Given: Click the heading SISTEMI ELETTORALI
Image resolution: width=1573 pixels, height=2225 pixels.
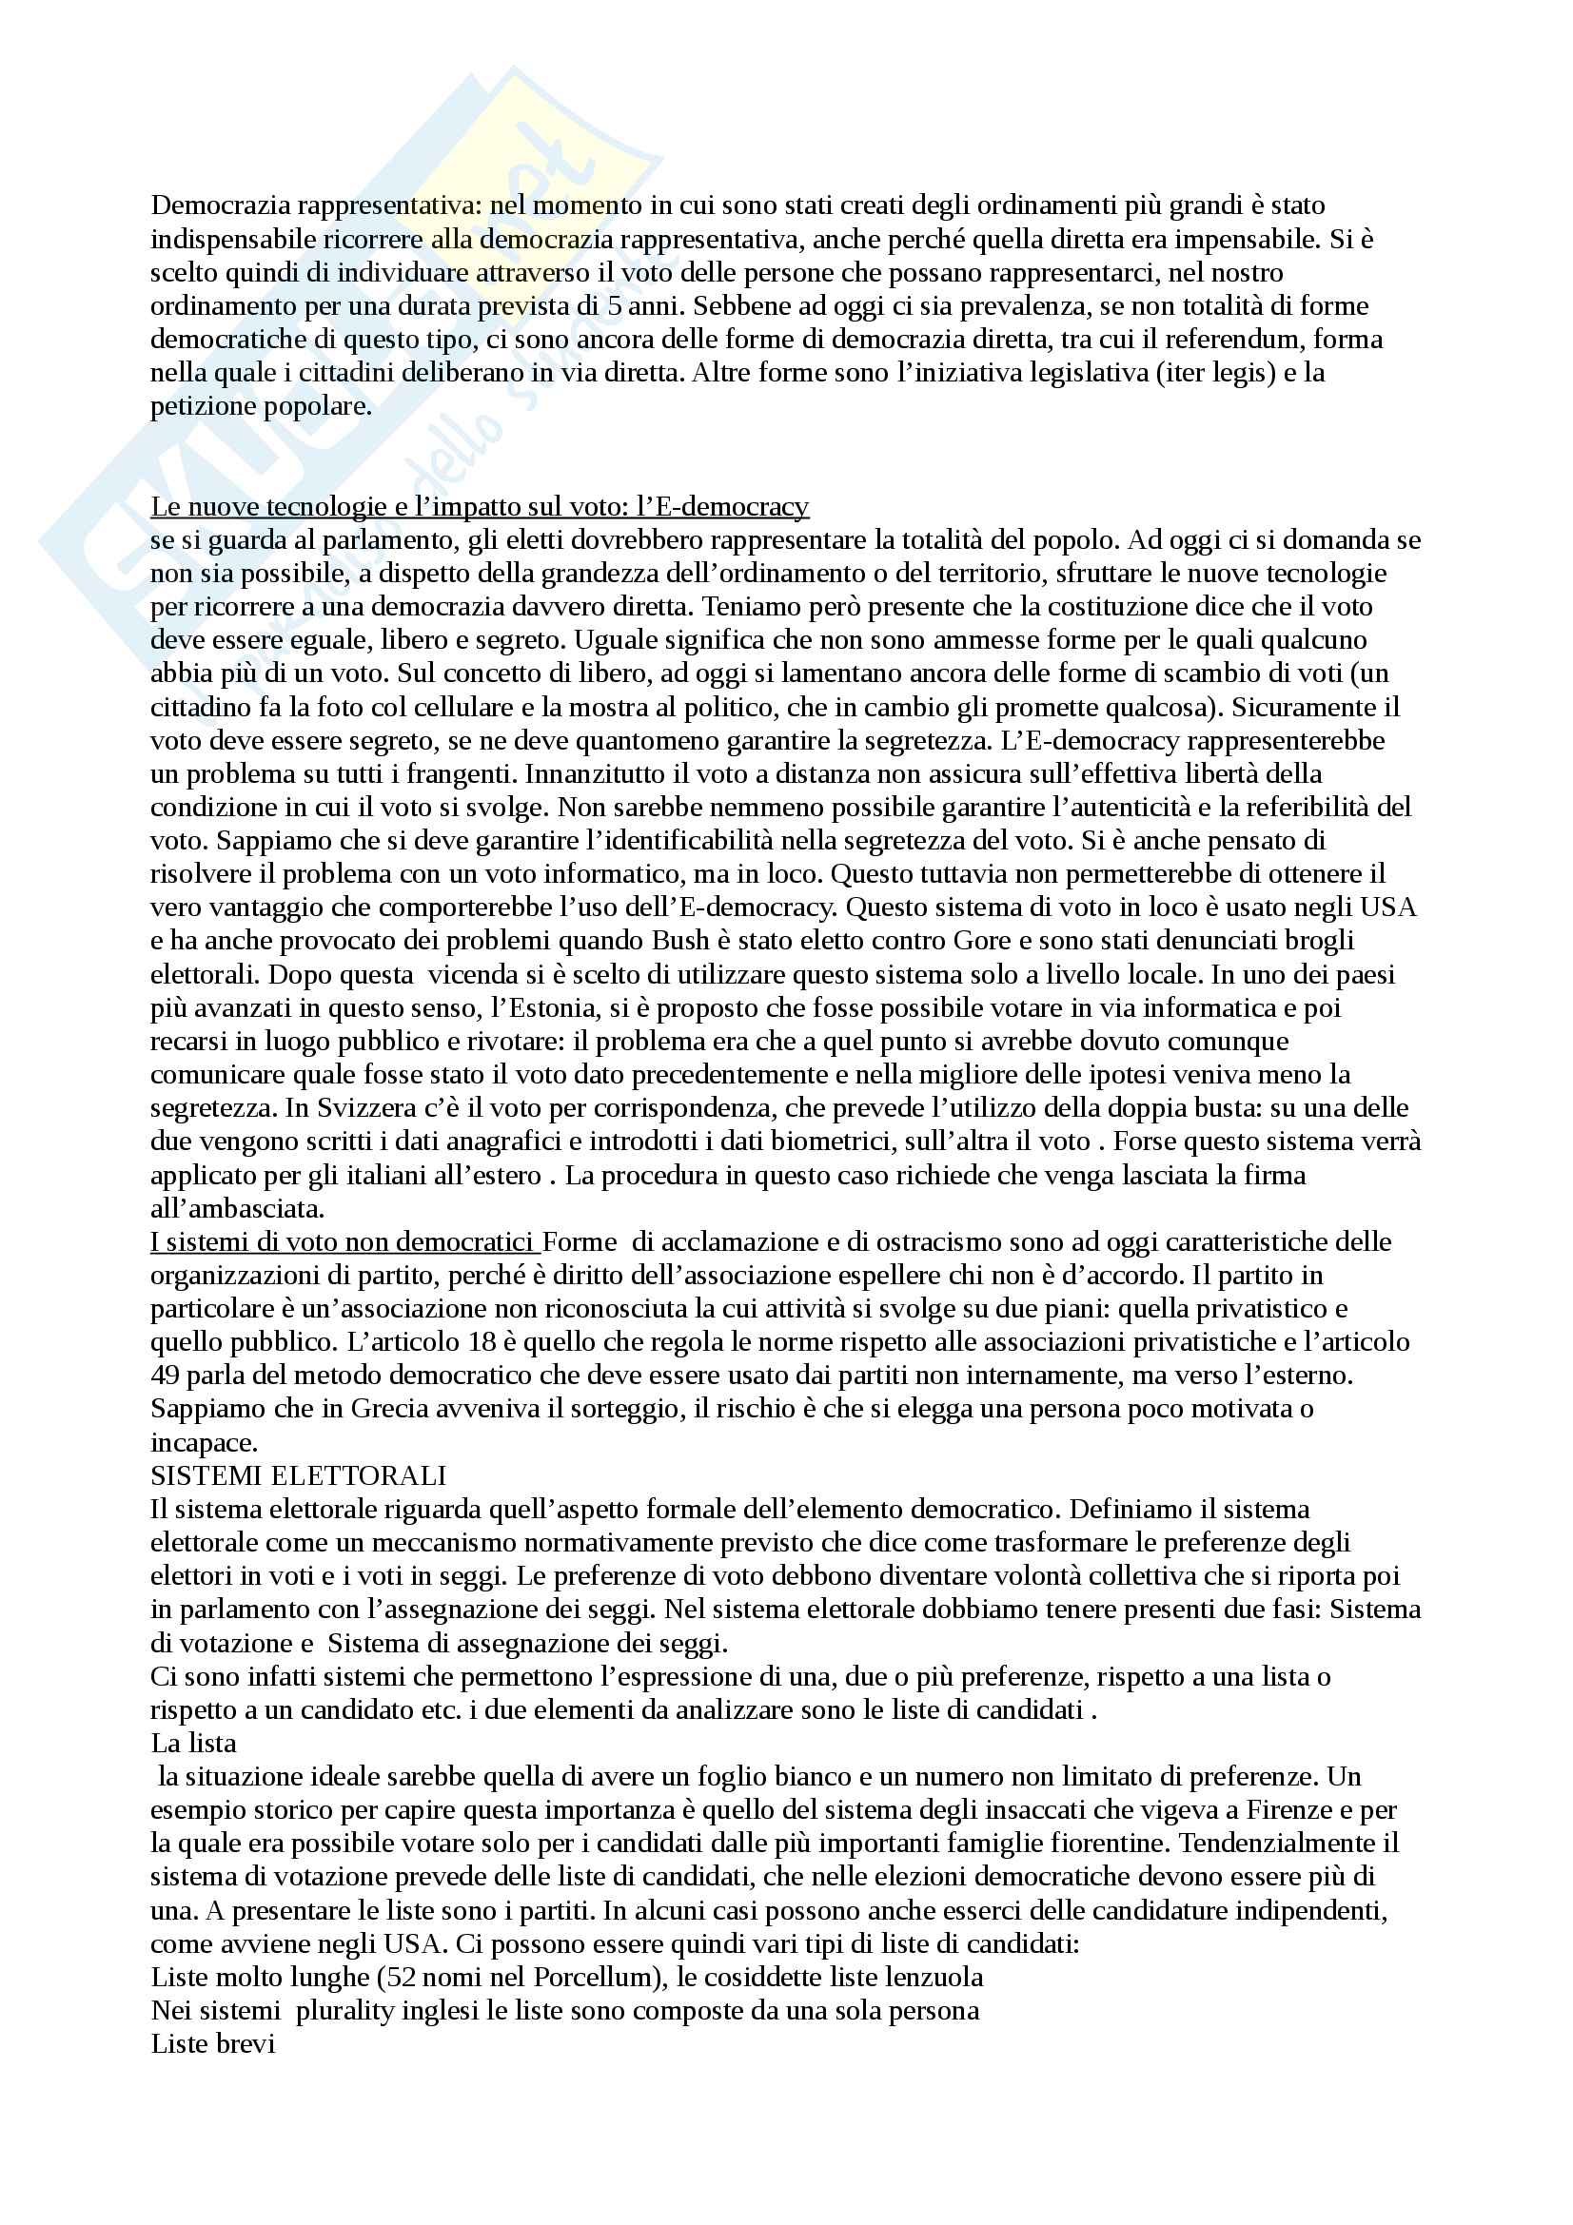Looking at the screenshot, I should [x=299, y=1476].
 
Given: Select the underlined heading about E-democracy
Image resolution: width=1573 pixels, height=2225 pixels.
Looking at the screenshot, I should [x=480, y=507].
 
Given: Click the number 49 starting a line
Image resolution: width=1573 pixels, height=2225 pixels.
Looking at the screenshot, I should [x=164, y=1376].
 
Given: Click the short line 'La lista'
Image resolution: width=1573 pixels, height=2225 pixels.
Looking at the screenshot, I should [x=194, y=1744].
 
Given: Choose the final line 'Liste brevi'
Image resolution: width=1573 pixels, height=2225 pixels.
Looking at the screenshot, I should [x=213, y=2043].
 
